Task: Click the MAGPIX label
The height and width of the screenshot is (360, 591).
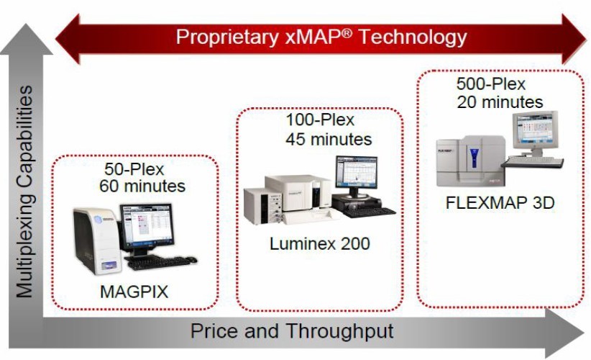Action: pyautogui.click(x=134, y=292)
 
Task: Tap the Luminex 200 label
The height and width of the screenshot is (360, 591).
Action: pyautogui.click(x=320, y=244)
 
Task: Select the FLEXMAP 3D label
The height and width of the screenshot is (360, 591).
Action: pyautogui.click(x=500, y=202)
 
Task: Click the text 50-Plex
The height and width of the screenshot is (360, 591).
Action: pyautogui.click(x=134, y=169)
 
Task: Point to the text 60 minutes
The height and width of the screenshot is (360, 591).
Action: pyautogui.click(x=142, y=186)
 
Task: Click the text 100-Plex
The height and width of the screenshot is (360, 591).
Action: pyautogui.click(x=320, y=120)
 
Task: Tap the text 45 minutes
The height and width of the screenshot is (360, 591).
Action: pyautogui.click(x=329, y=139)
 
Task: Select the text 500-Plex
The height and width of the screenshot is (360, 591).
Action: pyautogui.click(x=491, y=84)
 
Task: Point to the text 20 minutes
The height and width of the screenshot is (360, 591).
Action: pyautogui.click(x=500, y=102)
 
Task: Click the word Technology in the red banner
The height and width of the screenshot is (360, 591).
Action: pyautogui.click(x=413, y=37)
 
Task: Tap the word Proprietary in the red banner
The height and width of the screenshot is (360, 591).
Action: pyautogui.click(x=227, y=37)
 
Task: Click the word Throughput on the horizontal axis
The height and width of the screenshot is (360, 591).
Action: pyautogui.click(x=339, y=331)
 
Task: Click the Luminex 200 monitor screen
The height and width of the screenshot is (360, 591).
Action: pyautogui.click(x=357, y=173)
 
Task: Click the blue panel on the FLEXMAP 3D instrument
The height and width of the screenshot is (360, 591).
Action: pyautogui.click(x=474, y=158)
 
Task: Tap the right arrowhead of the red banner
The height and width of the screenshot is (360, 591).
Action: pyautogui.click(x=573, y=39)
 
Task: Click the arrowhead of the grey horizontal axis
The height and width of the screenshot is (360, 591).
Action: pyautogui.click(x=564, y=333)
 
